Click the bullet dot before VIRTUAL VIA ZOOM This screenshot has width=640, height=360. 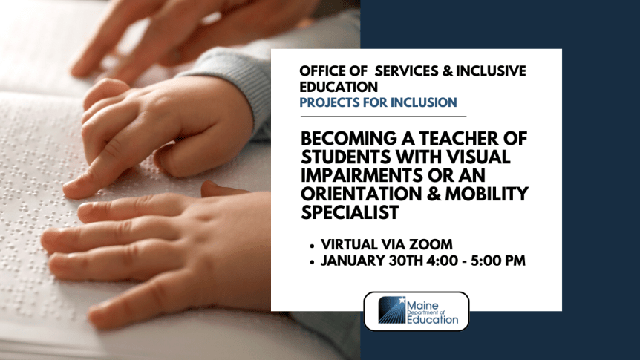(x=310, y=244)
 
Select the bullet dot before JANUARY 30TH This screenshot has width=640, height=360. (x=310, y=261)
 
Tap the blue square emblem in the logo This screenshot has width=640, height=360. (x=391, y=311)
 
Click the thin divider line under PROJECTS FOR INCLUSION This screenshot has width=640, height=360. (x=382, y=117)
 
